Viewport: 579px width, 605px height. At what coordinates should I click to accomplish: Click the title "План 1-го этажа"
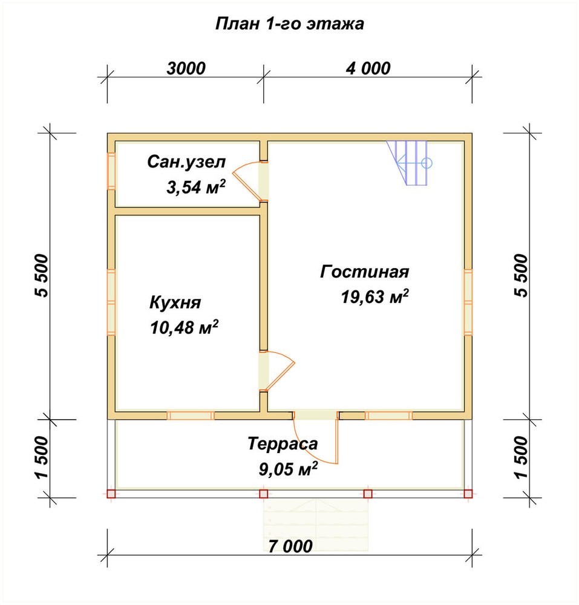tap(289, 24)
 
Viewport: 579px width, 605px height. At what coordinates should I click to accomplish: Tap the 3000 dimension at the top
tap(186, 69)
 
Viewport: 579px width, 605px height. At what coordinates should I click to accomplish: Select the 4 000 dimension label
tap(368, 69)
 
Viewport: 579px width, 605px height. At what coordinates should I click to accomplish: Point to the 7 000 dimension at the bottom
tap(290, 546)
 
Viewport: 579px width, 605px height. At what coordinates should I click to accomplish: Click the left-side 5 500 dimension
tap(42, 275)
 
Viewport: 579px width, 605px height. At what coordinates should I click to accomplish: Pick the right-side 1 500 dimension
tap(520, 457)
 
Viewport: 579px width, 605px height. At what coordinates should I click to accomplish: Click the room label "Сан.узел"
tap(186, 162)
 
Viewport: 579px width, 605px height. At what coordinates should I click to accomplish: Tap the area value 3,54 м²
tap(196, 187)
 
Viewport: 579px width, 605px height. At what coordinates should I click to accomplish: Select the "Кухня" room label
tap(175, 302)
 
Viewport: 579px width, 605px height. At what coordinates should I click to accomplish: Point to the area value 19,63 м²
tap(375, 296)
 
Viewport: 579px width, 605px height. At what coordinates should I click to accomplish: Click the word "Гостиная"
tap(365, 272)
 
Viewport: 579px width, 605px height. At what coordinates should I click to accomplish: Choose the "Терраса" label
tap(283, 443)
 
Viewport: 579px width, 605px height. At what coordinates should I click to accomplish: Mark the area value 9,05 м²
tap(289, 469)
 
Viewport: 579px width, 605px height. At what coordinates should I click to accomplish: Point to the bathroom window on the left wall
tap(111, 171)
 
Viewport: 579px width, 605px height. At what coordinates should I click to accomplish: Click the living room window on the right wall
tap(468, 302)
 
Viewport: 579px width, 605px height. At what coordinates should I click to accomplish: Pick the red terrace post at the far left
tap(111, 494)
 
